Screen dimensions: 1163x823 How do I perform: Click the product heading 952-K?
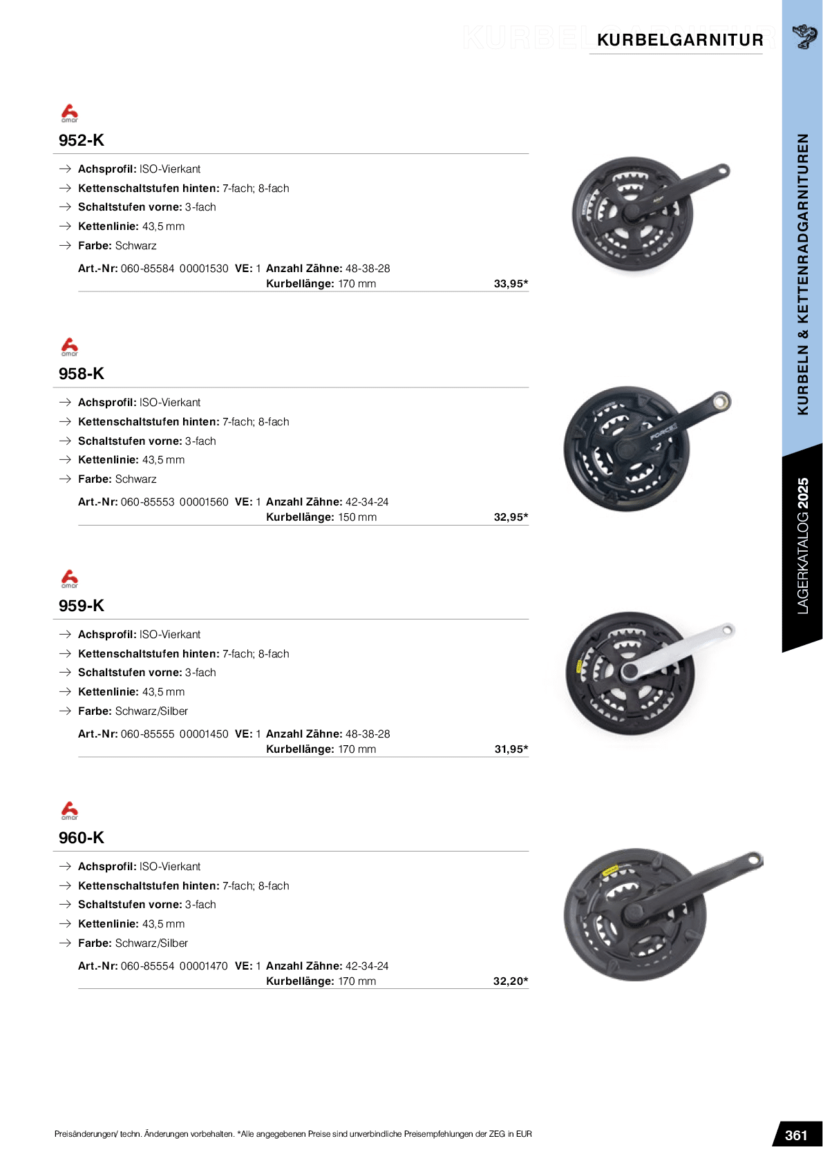coord(82,140)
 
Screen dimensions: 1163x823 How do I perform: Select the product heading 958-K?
coord(82,374)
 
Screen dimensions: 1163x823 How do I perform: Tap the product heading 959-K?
coord(82,606)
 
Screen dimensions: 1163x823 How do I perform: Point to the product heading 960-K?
coord(82,838)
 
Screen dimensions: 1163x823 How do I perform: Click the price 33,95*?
coord(511,284)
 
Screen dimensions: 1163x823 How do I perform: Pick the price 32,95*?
coord(511,517)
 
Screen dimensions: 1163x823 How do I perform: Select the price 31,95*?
coord(511,749)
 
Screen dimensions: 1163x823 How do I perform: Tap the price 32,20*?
coord(511,981)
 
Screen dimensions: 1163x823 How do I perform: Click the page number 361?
coord(796,1135)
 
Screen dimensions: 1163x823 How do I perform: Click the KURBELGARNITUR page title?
coord(680,40)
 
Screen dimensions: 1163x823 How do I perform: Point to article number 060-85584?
coord(147,269)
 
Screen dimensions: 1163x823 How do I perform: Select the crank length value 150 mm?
coord(357,517)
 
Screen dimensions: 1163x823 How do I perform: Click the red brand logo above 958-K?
coord(70,346)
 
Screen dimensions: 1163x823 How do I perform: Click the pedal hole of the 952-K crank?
coord(722,169)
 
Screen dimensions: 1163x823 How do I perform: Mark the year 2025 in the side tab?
coord(803,494)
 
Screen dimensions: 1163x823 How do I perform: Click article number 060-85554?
coord(147,966)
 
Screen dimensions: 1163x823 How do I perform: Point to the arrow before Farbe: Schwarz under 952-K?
coord(65,246)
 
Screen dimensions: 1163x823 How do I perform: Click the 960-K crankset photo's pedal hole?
coord(753,860)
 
